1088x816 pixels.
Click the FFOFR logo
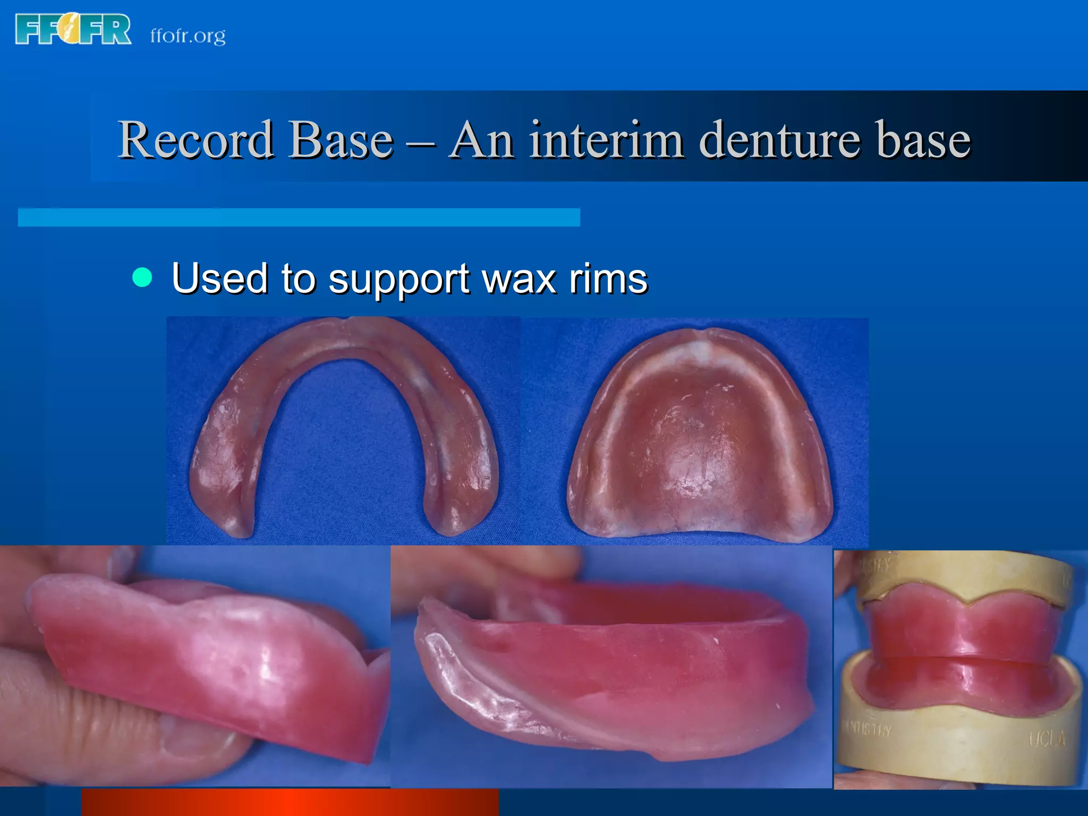[x=73, y=29]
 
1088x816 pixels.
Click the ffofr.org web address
[x=188, y=36]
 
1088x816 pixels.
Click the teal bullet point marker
[x=142, y=277]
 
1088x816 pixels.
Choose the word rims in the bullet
[x=608, y=278]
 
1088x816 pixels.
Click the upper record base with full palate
[x=700, y=436]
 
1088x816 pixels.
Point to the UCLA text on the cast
[x=1047, y=738]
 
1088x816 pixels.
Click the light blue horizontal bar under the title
[x=299, y=217]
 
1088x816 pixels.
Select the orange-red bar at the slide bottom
[x=290, y=802]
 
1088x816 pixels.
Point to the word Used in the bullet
[x=219, y=278]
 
